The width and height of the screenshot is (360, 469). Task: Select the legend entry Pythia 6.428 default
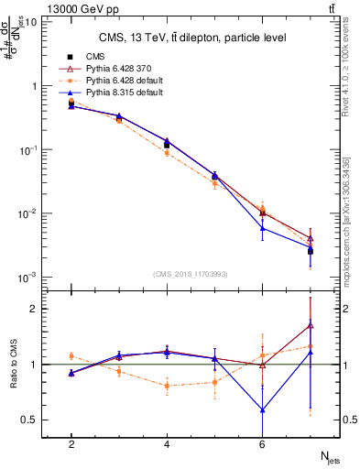(118, 80)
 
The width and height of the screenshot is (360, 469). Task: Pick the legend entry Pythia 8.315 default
(118, 92)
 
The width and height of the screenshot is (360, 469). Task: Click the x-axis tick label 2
(71, 443)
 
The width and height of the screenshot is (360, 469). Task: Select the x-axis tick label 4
(167, 443)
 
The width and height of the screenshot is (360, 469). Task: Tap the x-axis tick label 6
(262, 443)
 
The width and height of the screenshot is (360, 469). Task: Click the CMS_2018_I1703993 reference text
(191, 273)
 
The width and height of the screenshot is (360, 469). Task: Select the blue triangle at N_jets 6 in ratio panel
(263, 410)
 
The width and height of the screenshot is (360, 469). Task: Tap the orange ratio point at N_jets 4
(167, 386)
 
